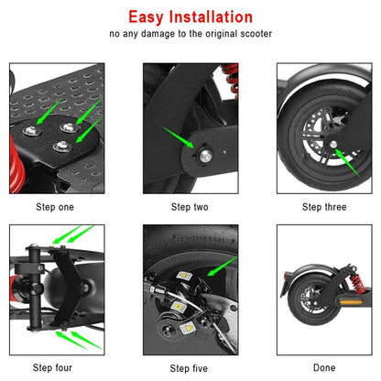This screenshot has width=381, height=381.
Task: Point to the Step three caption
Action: point(324,207)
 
